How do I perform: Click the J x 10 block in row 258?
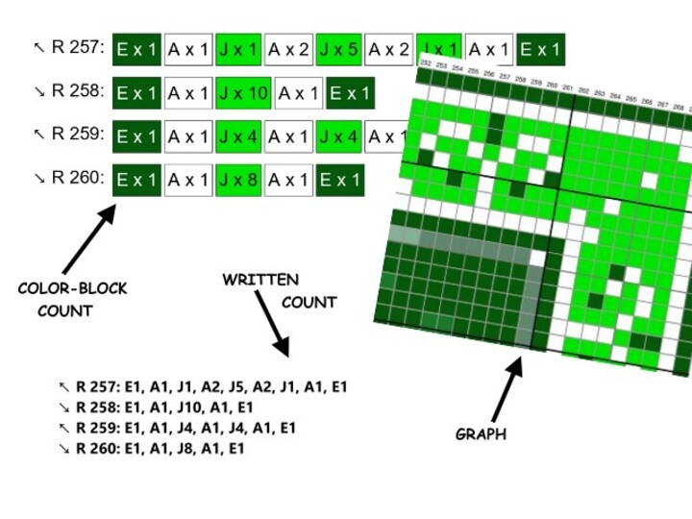point(243,93)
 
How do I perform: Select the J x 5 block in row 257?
point(338,49)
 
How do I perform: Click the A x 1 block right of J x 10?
point(298,93)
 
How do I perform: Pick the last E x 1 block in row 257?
point(540,49)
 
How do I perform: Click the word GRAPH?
point(481,434)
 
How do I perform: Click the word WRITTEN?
point(259,280)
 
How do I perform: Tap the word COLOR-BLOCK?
point(72,288)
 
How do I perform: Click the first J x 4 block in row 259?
point(238,136)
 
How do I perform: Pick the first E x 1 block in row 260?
point(136,180)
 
